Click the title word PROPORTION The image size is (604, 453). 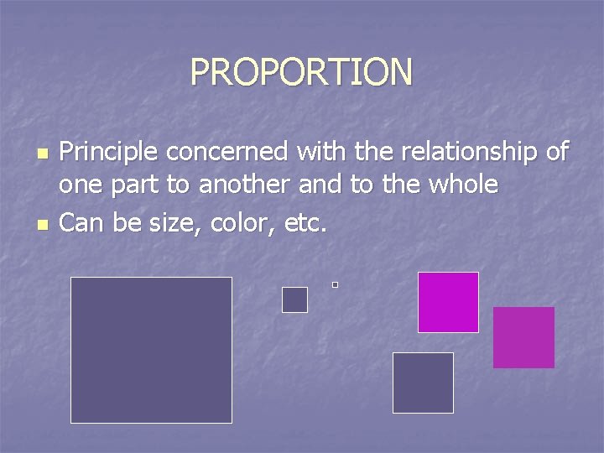click(x=301, y=72)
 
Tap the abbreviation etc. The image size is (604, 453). click(x=299, y=223)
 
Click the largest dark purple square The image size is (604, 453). click(x=151, y=350)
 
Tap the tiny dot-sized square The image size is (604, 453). click(x=335, y=285)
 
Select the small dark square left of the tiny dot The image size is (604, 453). click(x=294, y=299)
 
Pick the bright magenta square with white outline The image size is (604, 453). click(x=448, y=302)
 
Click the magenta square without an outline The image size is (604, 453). click(x=523, y=337)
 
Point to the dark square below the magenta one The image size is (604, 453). click(x=423, y=383)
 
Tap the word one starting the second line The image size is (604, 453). click(x=79, y=185)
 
